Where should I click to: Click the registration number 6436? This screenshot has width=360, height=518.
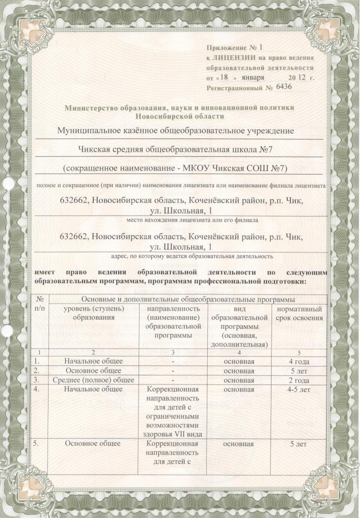284,87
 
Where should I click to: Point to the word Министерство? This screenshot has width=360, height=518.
92,108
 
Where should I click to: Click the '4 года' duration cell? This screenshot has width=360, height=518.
299,361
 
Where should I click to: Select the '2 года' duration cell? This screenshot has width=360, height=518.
299,380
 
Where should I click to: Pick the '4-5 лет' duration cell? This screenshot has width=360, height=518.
299,390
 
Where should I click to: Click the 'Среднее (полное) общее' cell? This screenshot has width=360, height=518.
93,380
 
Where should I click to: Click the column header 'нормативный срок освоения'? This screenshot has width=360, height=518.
299,313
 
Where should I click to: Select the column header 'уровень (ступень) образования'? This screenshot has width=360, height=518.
93,313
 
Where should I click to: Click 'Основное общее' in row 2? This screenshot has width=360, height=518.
93,371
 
